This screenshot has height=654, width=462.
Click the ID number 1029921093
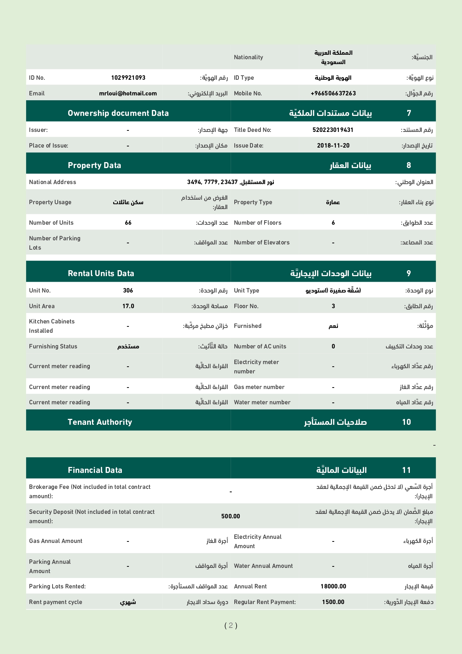tap(128, 78)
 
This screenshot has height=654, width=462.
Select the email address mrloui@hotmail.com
tap(128, 93)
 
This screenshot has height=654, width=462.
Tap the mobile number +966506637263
tap(333, 93)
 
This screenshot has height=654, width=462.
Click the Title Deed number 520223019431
tap(333, 130)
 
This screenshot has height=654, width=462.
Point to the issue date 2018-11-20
tap(333, 145)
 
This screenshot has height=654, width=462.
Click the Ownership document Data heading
tap(118, 113)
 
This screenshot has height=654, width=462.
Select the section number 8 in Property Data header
tap(409, 165)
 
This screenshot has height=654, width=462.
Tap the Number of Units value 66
tap(128, 222)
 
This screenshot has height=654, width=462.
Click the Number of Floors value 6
tap(333, 222)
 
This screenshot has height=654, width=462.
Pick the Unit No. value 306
tap(128, 290)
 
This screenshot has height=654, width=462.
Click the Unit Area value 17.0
tap(128, 306)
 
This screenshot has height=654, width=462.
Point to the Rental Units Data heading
tap(101, 273)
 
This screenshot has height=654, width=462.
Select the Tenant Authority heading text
tap(100, 422)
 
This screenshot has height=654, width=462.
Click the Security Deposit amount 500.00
tap(231, 516)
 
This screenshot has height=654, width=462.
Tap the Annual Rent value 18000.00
tap(333, 586)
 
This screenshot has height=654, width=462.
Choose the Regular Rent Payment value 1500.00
tap(333, 602)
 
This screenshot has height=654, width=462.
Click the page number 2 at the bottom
tap(231, 625)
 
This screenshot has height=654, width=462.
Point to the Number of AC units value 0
tap(333, 346)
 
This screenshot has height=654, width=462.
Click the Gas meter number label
tap(259, 387)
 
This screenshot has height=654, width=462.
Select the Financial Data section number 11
tap(406, 470)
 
